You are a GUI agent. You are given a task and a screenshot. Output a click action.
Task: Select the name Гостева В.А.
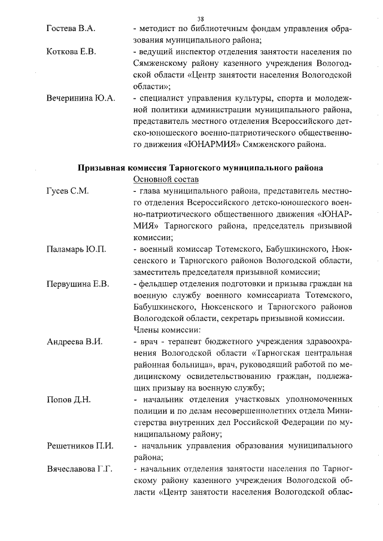71,29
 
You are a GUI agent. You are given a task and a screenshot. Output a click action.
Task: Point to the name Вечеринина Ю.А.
81,97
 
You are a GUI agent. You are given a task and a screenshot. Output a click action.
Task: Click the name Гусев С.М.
68,191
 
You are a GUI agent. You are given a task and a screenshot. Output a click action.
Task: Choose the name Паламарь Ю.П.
76,249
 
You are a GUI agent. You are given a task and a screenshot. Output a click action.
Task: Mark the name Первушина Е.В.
78,283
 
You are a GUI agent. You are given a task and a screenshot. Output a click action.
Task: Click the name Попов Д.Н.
68,399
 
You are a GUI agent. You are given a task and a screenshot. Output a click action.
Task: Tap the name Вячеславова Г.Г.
80,469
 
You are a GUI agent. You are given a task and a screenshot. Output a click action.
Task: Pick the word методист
158,29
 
